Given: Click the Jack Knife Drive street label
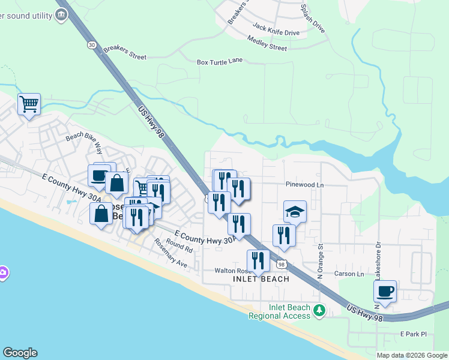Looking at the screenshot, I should [276, 28].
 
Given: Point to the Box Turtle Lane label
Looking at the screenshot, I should [220, 61].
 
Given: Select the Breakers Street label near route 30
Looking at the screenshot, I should [125, 53].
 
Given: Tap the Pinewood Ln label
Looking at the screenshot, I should [304, 185].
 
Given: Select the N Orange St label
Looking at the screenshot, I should [321, 260].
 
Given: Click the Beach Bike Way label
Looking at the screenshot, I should [85, 142].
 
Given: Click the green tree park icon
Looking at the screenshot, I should [320, 310].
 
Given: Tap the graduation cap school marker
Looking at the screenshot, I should [295, 212].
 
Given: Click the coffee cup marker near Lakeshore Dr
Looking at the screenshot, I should [385, 292].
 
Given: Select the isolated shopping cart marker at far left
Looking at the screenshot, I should [29, 104].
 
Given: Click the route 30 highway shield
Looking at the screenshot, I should [91, 45].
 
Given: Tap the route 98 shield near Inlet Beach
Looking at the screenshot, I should [281, 264].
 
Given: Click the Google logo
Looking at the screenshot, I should [20, 353].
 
